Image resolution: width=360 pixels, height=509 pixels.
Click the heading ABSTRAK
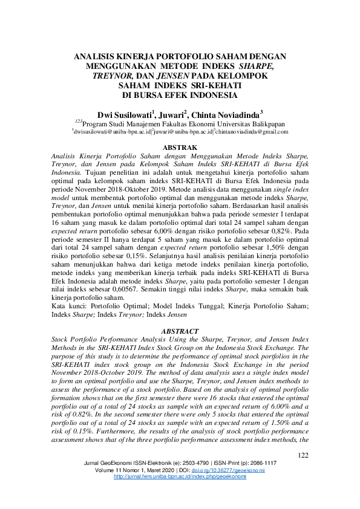(180, 147)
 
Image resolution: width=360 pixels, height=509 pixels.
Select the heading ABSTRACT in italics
(180, 331)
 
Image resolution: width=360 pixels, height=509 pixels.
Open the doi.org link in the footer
(232, 470)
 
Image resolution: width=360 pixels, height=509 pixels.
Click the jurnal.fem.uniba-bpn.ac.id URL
(180, 476)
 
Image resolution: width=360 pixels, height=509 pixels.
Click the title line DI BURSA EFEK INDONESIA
(180, 95)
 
